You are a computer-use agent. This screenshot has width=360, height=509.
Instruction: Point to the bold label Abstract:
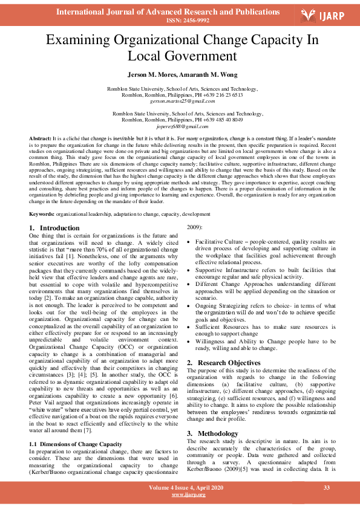[41, 139]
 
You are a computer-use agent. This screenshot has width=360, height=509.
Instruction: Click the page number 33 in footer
[327, 487]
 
